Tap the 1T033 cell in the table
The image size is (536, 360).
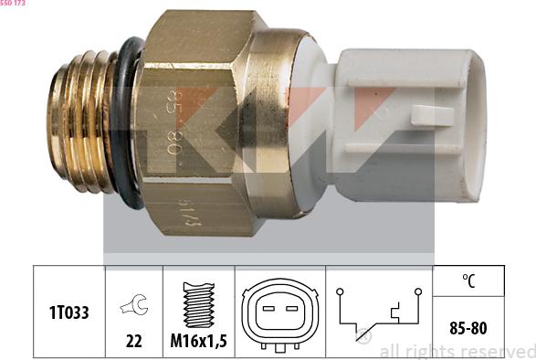[68, 312]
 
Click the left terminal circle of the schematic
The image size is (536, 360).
[338, 292]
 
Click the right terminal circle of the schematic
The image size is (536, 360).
[417, 292]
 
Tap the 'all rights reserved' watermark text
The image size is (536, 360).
[457, 352]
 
